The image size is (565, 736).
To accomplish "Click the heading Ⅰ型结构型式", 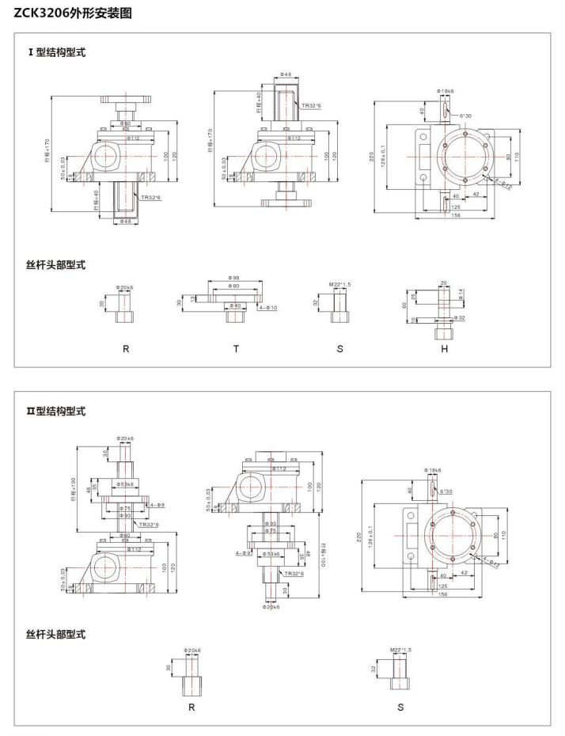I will [56, 52].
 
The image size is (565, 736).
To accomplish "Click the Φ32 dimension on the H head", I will [460, 318].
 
